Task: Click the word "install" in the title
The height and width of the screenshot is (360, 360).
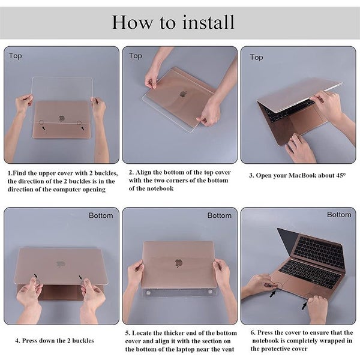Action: pyautogui.click(x=208, y=22)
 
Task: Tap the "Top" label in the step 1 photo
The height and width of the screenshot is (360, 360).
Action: pyautogui.click(x=16, y=56)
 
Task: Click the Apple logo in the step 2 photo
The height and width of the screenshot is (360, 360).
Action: pyautogui.click(x=183, y=94)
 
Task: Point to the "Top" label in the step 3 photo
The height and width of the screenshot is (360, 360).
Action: pyautogui.click(x=256, y=58)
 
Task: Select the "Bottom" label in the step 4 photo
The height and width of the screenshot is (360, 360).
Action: pyautogui.click(x=101, y=215)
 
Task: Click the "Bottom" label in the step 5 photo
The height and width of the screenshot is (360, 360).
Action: pyautogui.click(x=219, y=215)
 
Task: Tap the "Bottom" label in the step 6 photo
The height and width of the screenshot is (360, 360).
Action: pyautogui.click(x=339, y=215)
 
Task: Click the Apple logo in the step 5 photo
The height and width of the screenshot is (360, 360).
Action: pyautogui.click(x=178, y=263)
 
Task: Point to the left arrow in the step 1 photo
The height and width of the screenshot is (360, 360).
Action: pyautogui.click(x=43, y=128)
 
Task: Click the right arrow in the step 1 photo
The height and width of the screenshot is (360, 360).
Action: pyautogui.click(x=83, y=128)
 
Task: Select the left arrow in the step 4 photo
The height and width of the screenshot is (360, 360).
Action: pyautogui.click(x=36, y=276)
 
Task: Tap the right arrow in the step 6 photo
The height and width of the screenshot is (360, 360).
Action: pyautogui.click(x=304, y=305)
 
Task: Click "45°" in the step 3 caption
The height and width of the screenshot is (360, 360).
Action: pyautogui.click(x=341, y=175)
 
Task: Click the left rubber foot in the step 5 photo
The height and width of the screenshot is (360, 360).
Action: pyautogui.click(x=148, y=293)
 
